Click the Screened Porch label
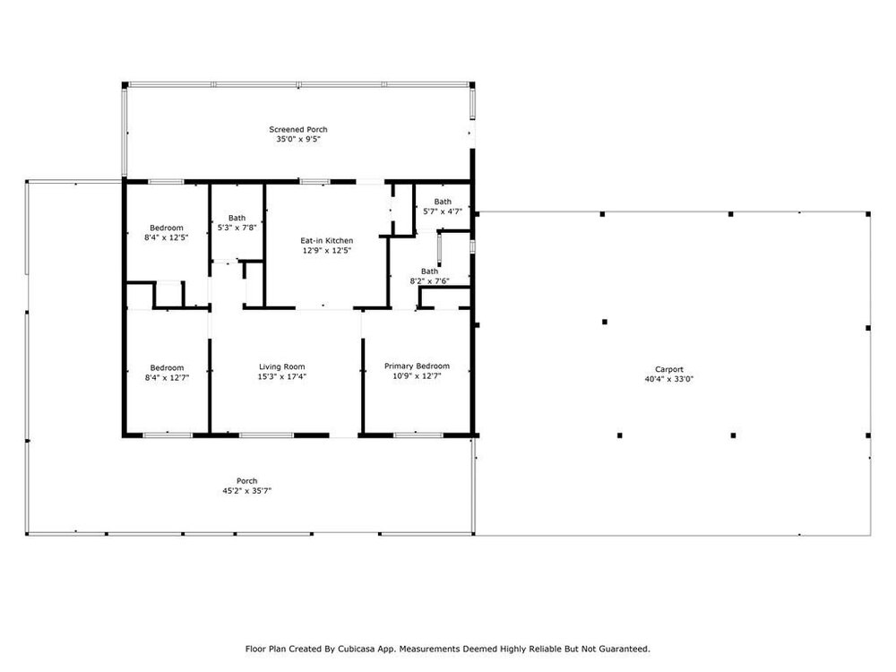click(298, 130)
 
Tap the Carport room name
click(669, 370)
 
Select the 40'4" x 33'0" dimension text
click(669, 379)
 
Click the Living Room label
click(281, 366)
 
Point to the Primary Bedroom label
click(417, 366)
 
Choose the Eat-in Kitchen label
click(327, 241)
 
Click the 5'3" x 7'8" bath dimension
click(237, 228)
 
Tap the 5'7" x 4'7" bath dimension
click(443, 211)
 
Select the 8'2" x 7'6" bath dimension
click(430, 281)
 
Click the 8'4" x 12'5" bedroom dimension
click(167, 237)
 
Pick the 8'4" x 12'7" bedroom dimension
click(167, 377)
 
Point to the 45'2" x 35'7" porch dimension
click(247, 491)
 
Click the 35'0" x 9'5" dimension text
click(298, 140)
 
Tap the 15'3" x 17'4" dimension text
click(281, 376)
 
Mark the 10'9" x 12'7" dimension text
click(417, 376)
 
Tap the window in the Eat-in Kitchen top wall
click(314, 182)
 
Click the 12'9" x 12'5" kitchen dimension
click(327, 250)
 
